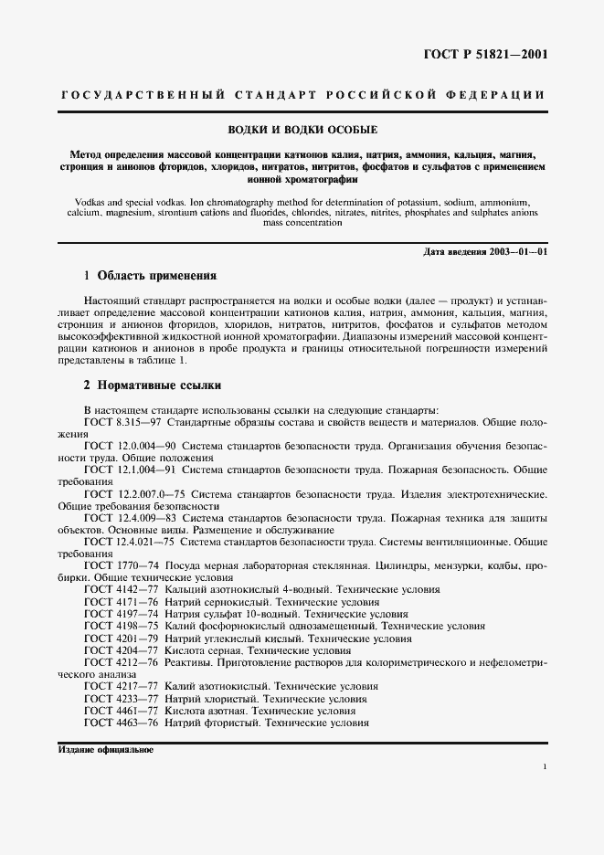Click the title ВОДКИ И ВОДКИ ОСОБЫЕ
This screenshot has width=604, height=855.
tap(302, 130)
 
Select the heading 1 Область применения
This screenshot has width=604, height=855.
tap(150, 275)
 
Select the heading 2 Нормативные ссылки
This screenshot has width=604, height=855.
tap(153, 385)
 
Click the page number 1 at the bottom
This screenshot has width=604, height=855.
tap(545, 767)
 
